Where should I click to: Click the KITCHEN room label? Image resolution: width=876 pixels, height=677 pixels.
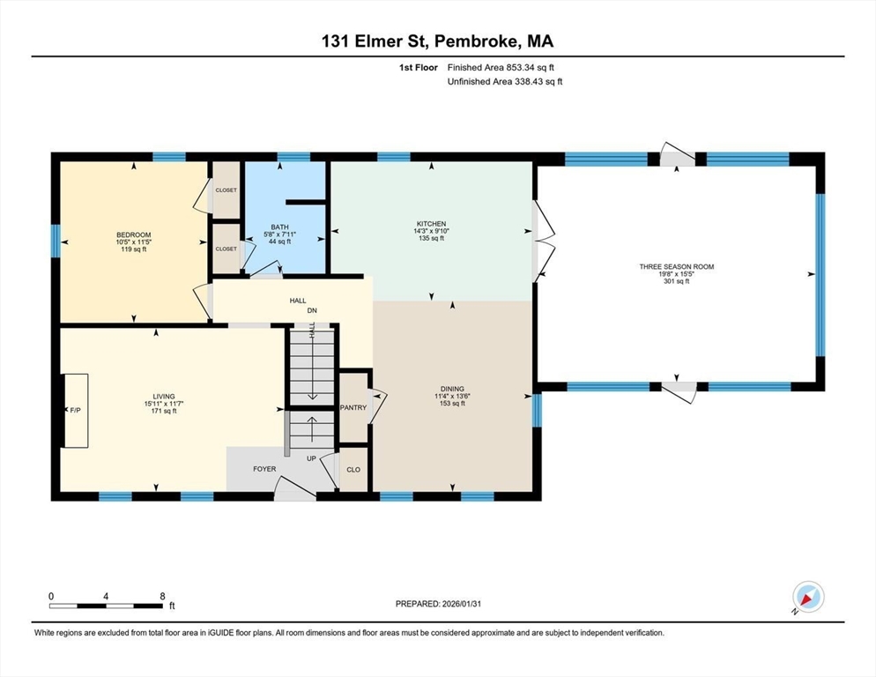pos(431,224)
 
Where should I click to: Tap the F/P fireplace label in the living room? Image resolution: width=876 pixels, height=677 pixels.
pos(76,410)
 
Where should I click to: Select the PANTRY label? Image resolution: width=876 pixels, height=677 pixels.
pos(353,407)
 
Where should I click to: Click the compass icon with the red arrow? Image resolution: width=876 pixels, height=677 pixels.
pos(808,598)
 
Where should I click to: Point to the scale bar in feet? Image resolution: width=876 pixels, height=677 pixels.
pos(106,606)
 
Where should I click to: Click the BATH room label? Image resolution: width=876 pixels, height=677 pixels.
pos(280,227)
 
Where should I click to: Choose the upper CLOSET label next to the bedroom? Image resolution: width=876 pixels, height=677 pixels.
pos(226,190)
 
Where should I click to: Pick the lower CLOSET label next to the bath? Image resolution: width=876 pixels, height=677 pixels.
pos(226,249)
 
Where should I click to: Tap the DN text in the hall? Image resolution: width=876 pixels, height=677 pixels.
pos(312,311)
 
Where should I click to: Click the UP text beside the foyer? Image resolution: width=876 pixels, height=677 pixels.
pos(311,458)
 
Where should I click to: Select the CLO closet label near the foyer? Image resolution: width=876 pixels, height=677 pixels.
pos(353,470)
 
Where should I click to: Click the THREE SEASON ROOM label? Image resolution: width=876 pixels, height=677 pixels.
pos(677,267)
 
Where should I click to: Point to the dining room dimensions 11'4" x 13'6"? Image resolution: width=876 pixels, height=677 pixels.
pos(452,397)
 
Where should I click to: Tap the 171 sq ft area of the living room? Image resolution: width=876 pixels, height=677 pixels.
pos(164,411)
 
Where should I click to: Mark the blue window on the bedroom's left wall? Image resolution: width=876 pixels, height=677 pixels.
pos(56,241)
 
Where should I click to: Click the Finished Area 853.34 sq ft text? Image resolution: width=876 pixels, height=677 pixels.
pos(501,68)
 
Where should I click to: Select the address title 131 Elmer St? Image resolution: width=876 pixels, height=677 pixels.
pos(375,41)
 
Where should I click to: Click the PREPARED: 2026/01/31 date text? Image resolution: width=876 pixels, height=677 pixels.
pos(438,604)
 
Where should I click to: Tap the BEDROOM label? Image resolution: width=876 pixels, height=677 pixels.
pos(134,234)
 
